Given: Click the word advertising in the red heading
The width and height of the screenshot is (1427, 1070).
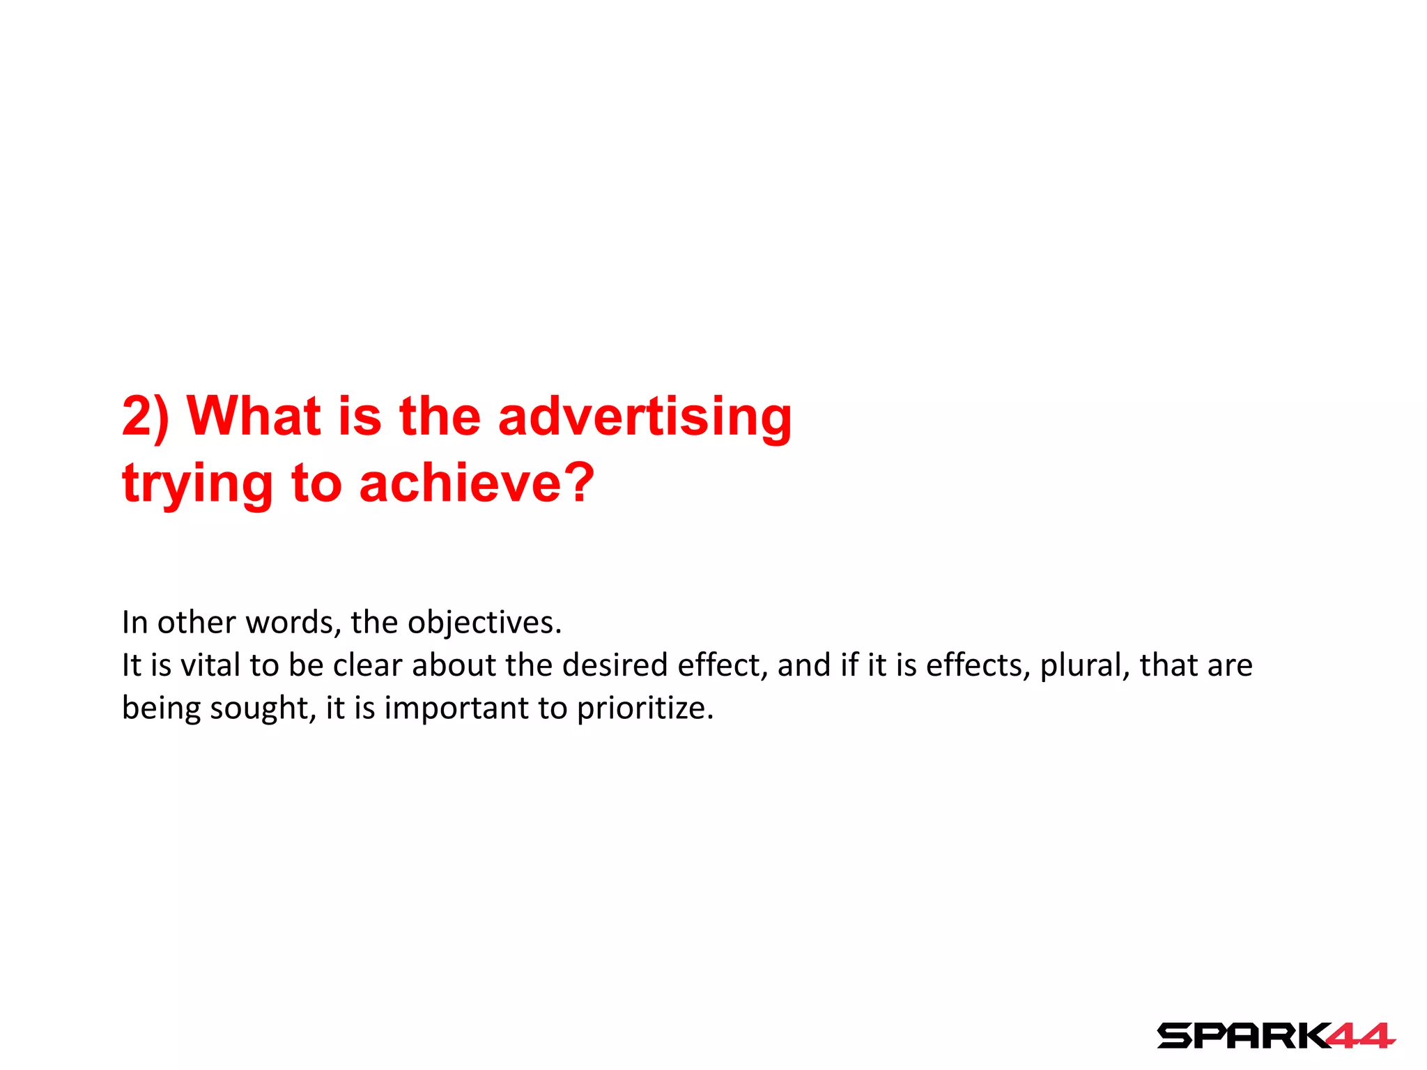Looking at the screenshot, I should tap(645, 418).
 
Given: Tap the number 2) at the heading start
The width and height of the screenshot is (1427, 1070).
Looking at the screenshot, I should tap(145, 418).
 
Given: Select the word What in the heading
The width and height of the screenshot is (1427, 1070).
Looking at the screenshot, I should tap(254, 417).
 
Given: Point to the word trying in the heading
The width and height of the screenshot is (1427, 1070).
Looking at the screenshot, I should tap(197, 485).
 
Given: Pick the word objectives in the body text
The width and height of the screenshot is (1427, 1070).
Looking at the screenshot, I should tap(484, 622).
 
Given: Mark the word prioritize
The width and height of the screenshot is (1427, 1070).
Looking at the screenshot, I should tap(645, 708).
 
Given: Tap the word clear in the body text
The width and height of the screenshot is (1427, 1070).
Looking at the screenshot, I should tap(368, 665).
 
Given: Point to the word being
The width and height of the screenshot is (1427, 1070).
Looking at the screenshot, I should tap(161, 708).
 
